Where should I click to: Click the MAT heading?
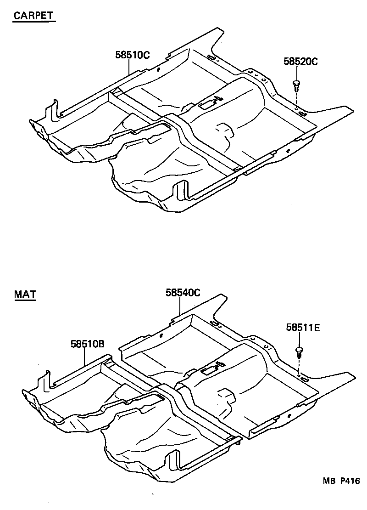(25, 294)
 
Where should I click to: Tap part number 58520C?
(300, 62)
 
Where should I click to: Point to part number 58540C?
(183, 293)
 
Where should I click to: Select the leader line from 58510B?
(85, 357)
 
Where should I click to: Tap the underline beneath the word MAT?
(25, 300)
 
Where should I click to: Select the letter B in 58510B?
(102, 344)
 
